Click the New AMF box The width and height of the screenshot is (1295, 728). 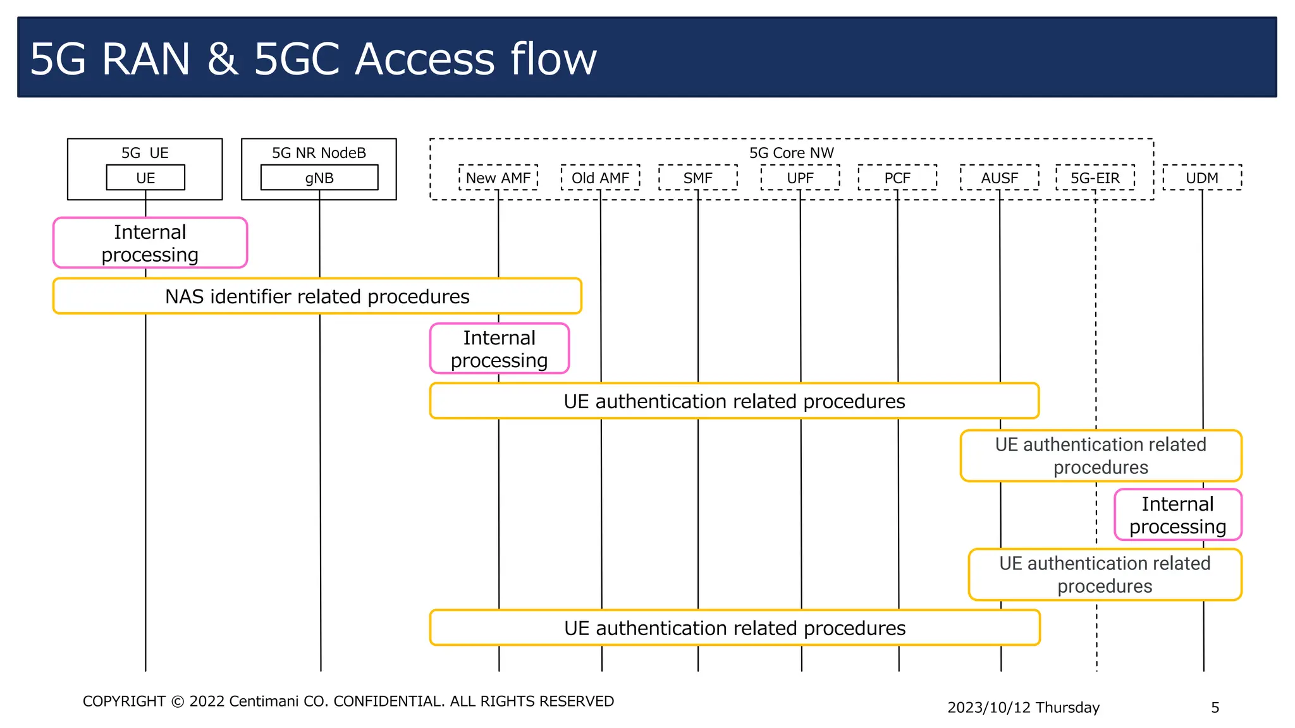tap(498, 178)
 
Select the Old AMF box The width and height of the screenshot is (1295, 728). tap(600, 178)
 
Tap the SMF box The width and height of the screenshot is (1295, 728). tap(697, 178)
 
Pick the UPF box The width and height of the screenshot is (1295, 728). tap(800, 178)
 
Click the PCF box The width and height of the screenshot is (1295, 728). tap(897, 178)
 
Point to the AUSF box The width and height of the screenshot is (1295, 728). tap(999, 178)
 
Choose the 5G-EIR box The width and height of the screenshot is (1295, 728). tap(1095, 178)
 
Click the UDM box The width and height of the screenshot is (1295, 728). tap(1202, 178)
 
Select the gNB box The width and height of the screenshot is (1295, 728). tap(319, 178)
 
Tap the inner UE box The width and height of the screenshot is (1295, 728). tap(145, 178)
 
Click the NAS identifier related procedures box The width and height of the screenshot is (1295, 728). tap(317, 296)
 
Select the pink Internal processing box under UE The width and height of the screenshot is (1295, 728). tap(150, 243)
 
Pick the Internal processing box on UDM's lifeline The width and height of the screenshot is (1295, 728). tap(1177, 514)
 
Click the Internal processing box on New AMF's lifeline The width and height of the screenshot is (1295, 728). tap(499, 348)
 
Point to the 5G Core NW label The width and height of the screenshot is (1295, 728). tap(791, 153)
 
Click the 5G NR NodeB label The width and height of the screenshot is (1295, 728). tap(319, 153)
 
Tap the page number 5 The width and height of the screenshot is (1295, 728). tap(1215, 707)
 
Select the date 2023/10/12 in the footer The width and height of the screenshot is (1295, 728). tap(989, 707)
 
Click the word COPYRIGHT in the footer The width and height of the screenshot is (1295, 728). tap(124, 701)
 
